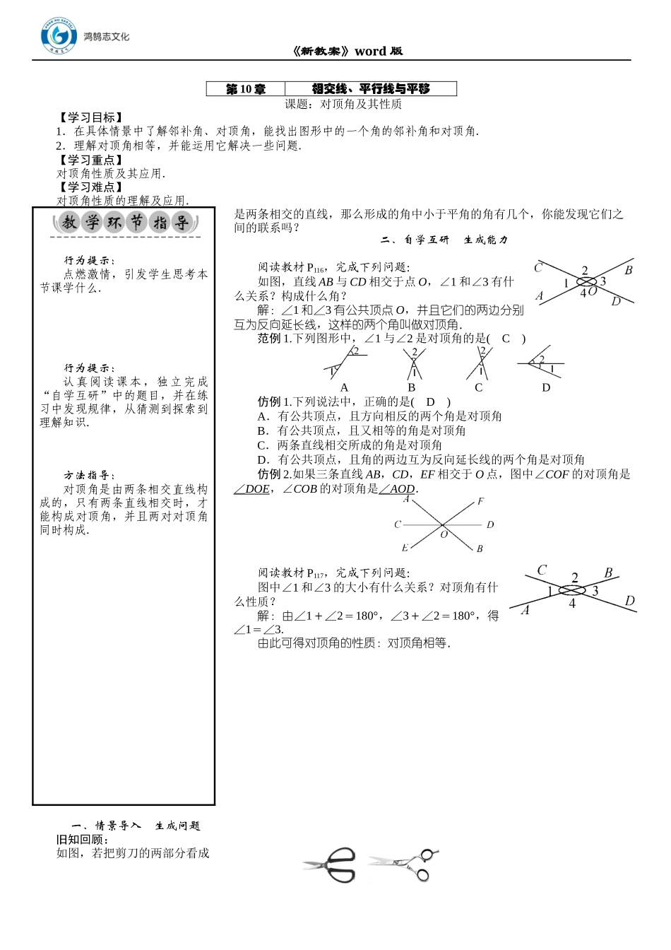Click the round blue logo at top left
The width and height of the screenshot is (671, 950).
click(x=59, y=36)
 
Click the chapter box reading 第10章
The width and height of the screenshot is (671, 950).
click(x=246, y=89)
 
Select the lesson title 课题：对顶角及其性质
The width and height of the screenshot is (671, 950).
click(x=343, y=104)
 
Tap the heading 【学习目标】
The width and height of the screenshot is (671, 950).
click(x=90, y=117)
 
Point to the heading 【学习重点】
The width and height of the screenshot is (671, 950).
click(x=90, y=160)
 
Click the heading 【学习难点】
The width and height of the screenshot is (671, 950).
click(x=90, y=187)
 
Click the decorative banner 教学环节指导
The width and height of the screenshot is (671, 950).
click(x=125, y=223)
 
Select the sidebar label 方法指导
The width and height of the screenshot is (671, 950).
click(x=89, y=476)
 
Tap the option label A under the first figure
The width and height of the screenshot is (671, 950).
click(x=344, y=387)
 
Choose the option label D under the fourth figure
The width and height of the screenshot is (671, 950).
click(x=545, y=387)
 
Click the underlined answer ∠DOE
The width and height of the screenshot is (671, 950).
click(x=252, y=489)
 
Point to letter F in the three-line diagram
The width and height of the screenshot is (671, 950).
click(x=481, y=502)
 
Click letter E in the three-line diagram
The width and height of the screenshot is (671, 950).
click(x=405, y=548)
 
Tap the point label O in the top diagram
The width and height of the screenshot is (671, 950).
click(x=593, y=291)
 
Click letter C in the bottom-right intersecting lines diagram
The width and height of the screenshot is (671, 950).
click(x=542, y=570)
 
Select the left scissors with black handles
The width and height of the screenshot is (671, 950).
click(x=331, y=864)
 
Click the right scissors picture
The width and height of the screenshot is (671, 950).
click(x=405, y=864)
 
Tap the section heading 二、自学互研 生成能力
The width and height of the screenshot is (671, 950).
click(x=444, y=240)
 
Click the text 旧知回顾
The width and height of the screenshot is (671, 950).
click(x=83, y=839)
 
